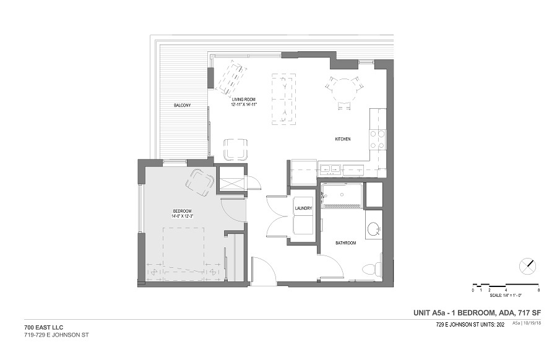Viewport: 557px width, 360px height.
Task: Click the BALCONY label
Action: pyautogui.click(x=182, y=105)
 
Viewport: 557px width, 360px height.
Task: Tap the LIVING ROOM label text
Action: pyautogui.click(x=243, y=100)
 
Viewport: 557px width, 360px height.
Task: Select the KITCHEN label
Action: pyautogui.click(x=343, y=139)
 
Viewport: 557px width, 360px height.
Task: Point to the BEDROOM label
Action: pyautogui.click(x=182, y=211)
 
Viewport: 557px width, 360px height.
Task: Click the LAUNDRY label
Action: pyautogui.click(x=303, y=208)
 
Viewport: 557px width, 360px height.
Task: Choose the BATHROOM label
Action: pyautogui.click(x=345, y=243)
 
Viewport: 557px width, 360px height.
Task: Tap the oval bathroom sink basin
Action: pyautogui.click(x=373, y=229)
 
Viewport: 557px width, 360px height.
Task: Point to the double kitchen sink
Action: pyautogui.click(x=330, y=169)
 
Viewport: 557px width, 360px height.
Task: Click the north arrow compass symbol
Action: pyautogui.click(x=527, y=266)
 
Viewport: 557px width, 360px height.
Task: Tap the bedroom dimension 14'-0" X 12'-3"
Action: pyautogui.click(x=182, y=215)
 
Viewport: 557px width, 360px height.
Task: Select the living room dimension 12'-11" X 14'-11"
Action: pyautogui.click(x=243, y=105)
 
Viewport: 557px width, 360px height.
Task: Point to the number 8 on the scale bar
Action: pyautogui.click(x=539, y=291)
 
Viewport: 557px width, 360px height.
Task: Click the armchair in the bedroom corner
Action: pyautogui.click(x=200, y=182)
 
